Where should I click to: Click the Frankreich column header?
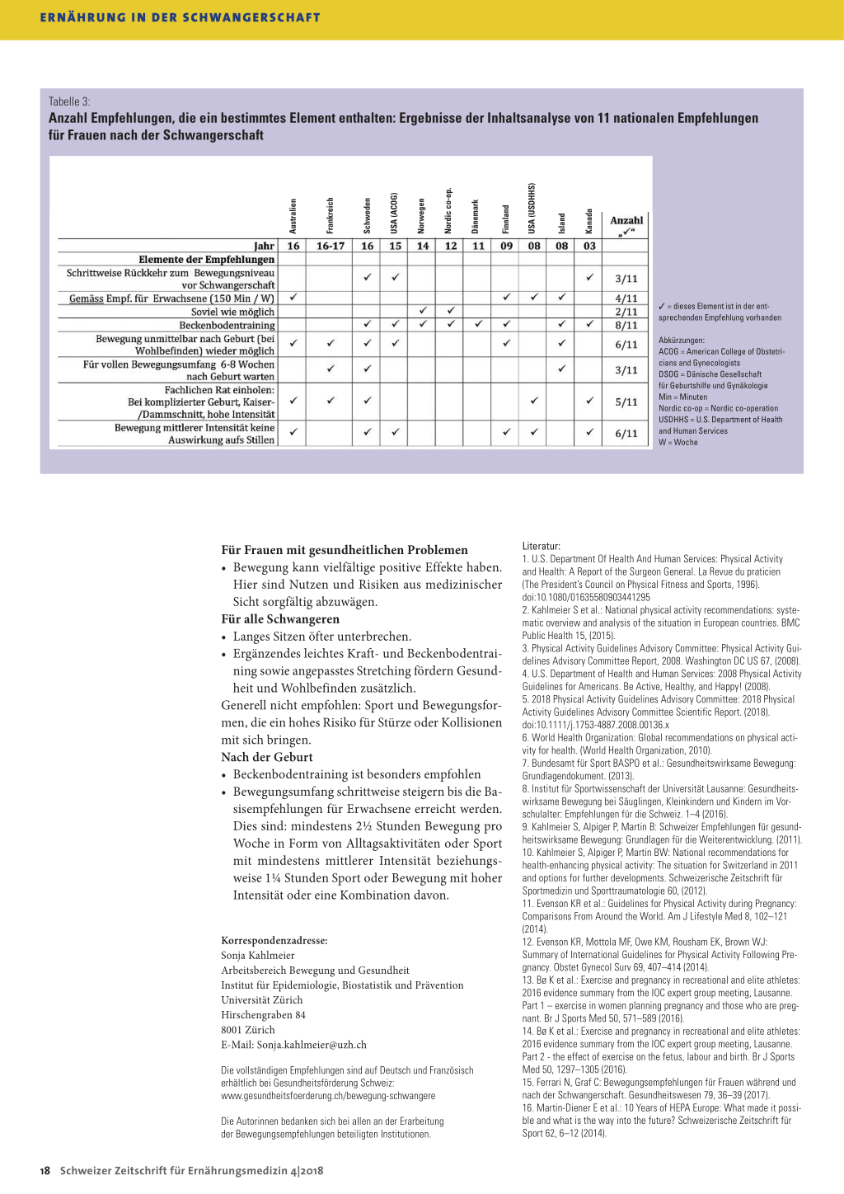331,215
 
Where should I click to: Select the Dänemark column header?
476,216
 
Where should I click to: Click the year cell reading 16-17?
331,246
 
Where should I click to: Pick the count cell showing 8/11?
626,325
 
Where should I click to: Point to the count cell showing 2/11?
626,312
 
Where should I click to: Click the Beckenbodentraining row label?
227,325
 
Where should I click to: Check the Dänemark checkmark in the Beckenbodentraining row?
478,324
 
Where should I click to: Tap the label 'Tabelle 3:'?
69,101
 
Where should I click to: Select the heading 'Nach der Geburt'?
266,757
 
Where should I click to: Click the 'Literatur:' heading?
541,546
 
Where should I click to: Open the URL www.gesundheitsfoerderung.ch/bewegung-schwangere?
328,1096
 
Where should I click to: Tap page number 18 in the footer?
45,1170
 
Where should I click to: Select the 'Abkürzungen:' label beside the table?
681,340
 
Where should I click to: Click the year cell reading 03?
589,246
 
